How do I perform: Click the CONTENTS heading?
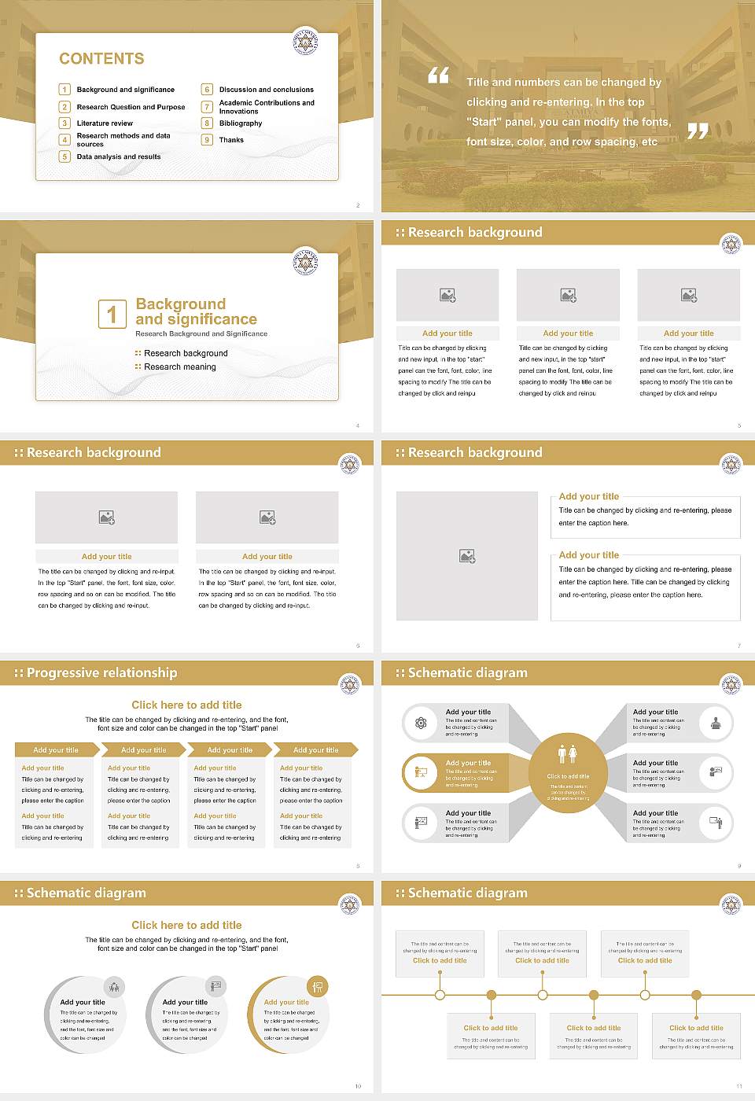101,59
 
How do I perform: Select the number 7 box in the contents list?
208,107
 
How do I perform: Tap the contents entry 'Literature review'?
105,123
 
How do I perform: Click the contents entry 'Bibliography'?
241,123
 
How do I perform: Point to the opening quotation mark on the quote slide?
438,75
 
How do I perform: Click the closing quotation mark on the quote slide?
698,131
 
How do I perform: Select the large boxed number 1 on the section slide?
112,314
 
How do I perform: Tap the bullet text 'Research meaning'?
179,367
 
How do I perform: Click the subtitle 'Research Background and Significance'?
201,334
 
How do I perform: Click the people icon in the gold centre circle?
568,753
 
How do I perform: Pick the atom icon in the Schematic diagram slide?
421,723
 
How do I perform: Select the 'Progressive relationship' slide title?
101,673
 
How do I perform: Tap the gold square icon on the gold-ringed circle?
317,986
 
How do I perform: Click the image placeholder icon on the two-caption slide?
467,556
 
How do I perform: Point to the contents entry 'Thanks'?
231,140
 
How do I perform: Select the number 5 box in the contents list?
65,156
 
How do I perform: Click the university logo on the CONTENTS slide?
305,42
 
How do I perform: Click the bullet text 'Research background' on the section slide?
186,354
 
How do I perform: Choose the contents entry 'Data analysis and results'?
119,156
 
